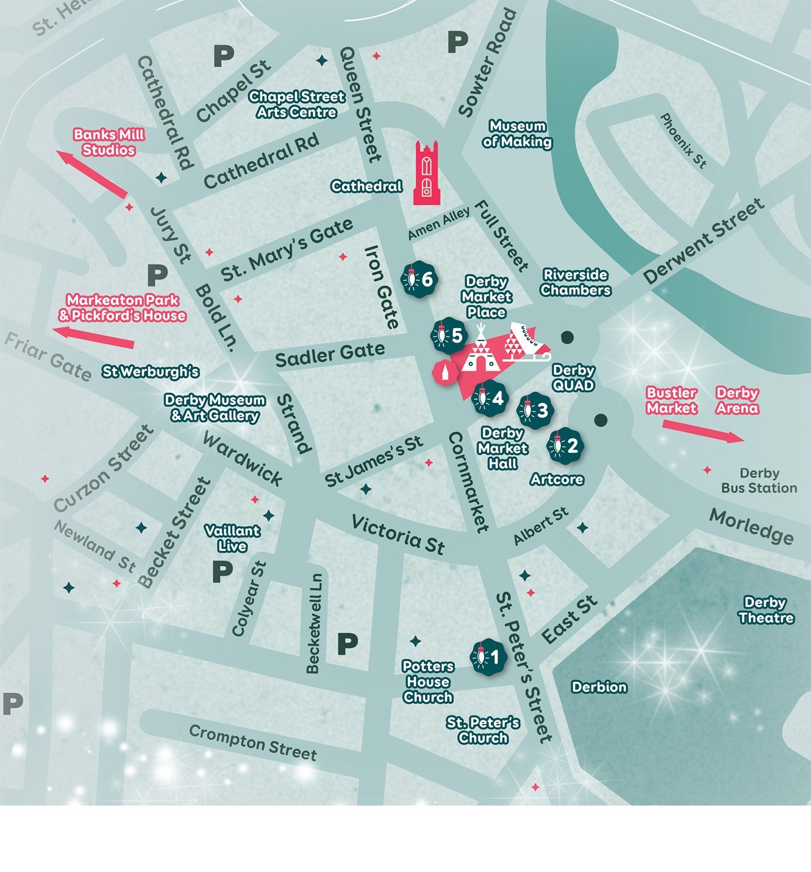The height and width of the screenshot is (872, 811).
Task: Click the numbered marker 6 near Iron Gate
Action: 419,279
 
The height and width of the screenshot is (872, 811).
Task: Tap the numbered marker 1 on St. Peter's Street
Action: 488,657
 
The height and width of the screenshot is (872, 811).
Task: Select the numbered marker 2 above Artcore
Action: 565,446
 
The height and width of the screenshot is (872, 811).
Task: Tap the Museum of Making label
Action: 517,134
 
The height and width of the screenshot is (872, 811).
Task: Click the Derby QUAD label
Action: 573,378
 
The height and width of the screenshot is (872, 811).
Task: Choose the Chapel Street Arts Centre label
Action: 297,104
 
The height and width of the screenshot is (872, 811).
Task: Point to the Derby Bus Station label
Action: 759,481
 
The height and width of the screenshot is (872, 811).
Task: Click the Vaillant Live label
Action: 232,538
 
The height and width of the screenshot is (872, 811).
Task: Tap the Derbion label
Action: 599,687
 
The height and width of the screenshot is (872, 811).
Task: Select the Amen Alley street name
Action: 439,223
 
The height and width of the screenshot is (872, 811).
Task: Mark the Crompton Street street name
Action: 252,742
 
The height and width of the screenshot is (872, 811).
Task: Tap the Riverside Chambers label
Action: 575,282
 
